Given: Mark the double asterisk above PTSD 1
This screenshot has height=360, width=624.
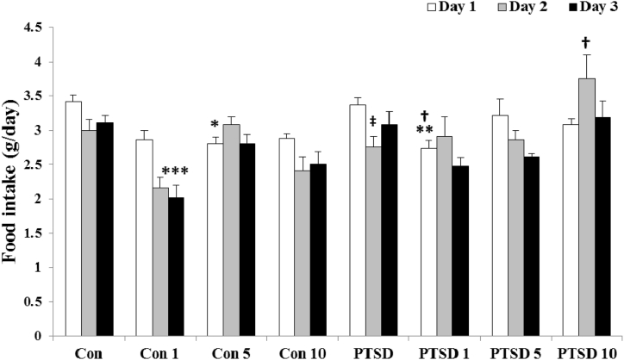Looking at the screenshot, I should point(424,130).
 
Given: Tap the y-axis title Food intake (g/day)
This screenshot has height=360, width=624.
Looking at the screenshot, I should point(11,181).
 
